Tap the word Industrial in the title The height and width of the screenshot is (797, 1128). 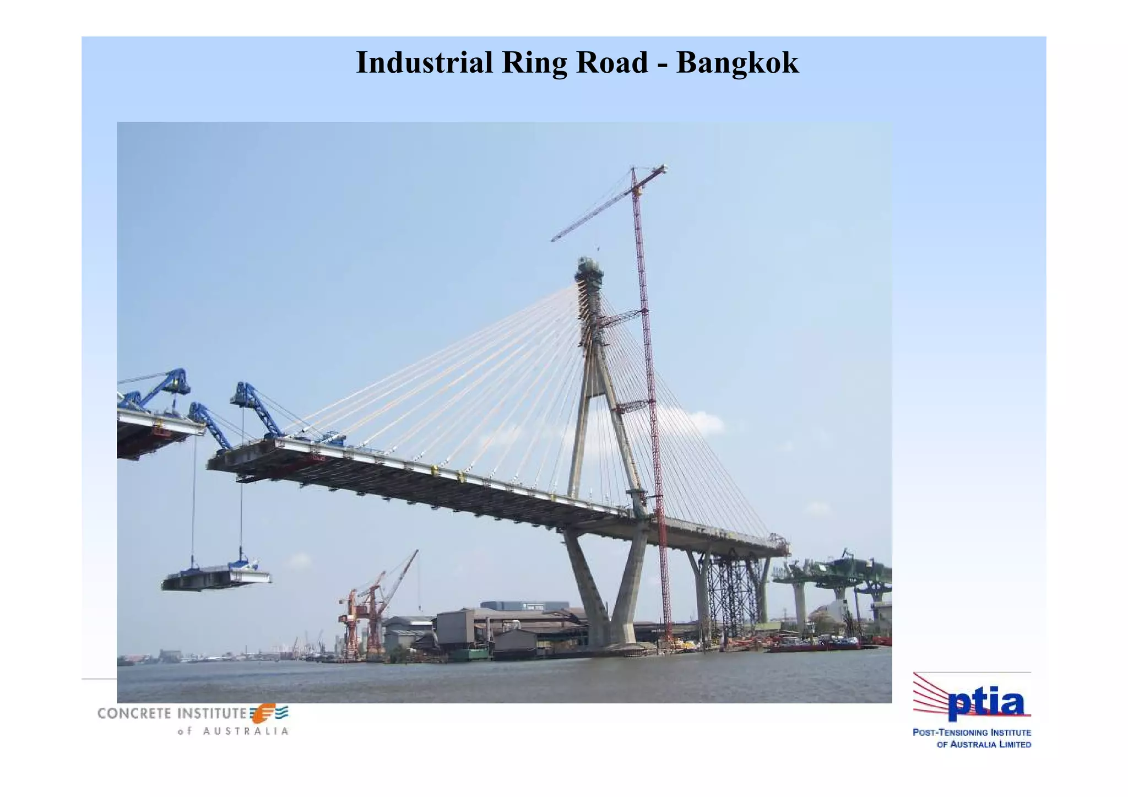pos(424,62)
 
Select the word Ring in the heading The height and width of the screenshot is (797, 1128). pos(534,62)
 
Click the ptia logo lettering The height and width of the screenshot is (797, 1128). pos(986,704)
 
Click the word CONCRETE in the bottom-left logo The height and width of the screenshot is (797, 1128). pos(134,713)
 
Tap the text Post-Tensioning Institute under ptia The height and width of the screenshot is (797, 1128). pos(972,733)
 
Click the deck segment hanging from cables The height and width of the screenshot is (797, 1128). pos(216,578)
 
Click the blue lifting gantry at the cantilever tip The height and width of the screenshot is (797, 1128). pos(256,408)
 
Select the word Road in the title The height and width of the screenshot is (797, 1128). pos(611,62)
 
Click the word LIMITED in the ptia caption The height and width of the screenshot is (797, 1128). pos(1012,745)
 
